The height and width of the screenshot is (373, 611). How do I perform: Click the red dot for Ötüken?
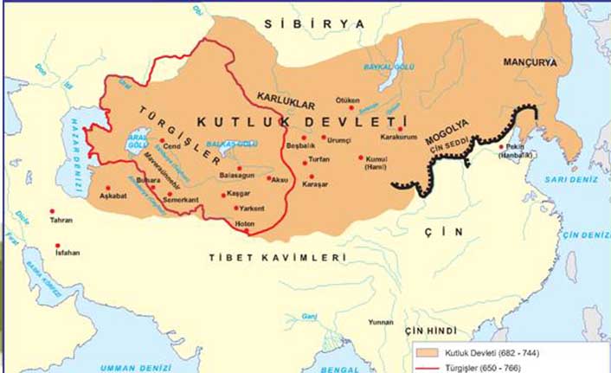pos(351,109)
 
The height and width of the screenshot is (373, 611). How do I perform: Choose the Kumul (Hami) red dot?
pos(361,158)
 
